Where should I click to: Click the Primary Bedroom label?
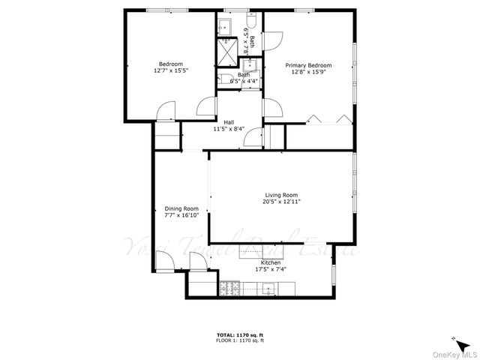point(308,65)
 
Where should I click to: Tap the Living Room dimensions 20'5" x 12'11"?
point(281,202)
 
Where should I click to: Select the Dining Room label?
point(181,208)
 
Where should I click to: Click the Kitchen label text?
point(271,262)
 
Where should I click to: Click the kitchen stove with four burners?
point(229,287)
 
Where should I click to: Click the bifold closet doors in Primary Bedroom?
point(330,120)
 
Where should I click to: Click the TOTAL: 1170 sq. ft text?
point(240,334)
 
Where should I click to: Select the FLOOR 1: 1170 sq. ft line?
point(240,340)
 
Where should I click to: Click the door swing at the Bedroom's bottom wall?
point(164,113)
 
